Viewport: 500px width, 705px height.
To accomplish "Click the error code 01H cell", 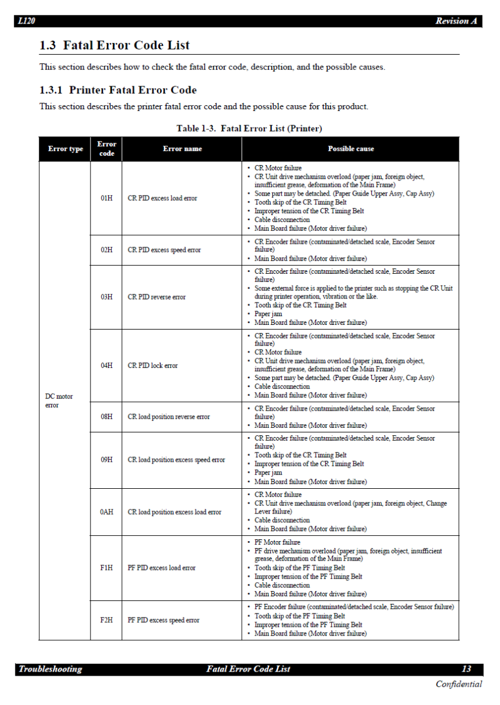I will (106, 199).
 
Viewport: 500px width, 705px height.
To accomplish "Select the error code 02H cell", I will (106, 250).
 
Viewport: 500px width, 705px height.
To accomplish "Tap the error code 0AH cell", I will (106, 512).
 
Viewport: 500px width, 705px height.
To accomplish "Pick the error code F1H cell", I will (106, 568).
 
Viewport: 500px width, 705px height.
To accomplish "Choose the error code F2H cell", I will (106, 620).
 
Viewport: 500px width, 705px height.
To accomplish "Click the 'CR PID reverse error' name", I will (156, 297).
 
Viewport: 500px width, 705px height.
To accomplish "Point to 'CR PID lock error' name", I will (153, 365).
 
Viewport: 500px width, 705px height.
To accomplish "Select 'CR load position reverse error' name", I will (169, 417).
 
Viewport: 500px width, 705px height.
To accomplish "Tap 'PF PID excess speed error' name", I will (164, 620).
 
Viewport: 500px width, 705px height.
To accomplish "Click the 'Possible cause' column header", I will (351, 149).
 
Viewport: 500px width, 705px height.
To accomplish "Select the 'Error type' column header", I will (65, 149).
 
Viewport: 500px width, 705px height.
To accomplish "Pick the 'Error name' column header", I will (182, 149).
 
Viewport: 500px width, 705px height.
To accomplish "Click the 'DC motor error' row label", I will (59, 401).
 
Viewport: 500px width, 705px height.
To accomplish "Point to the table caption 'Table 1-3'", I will (249, 128).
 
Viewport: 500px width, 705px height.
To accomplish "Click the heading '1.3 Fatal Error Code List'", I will (115, 45).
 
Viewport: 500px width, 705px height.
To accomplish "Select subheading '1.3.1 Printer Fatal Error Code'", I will (118, 90).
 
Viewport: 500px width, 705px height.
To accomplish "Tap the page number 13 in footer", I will (466, 669).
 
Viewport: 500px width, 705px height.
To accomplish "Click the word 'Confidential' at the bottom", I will (459, 684).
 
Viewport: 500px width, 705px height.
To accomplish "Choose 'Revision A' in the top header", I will (456, 21).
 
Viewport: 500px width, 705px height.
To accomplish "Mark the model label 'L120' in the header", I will (26, 21).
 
